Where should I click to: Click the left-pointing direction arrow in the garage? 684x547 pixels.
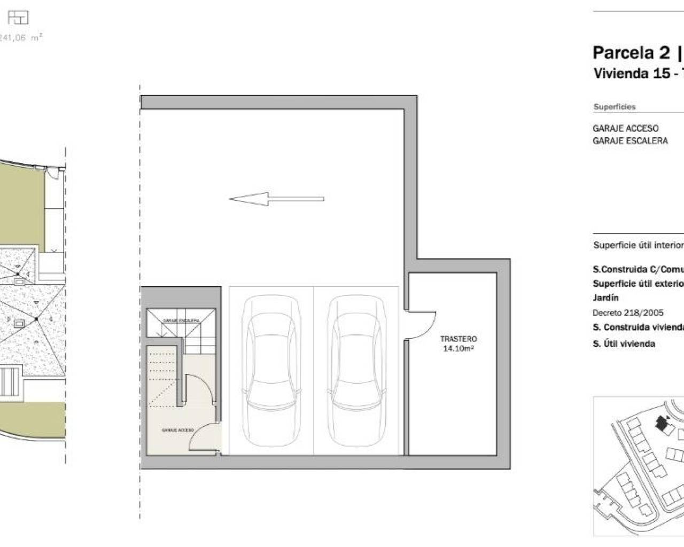(276, 199)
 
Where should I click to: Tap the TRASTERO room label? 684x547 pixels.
(458, 339)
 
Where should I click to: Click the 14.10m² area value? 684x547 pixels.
(458, 349)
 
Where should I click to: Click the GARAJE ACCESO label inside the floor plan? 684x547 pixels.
(177, 429)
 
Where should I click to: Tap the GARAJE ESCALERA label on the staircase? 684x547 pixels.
(181, 321)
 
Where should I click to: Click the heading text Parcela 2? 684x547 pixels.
(631, 53)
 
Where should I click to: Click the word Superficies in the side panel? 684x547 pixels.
(615, 107)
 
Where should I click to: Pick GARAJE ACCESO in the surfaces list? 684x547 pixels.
(625, 128)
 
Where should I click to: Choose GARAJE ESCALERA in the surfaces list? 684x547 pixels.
(630, 140)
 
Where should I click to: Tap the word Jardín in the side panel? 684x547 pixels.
(605, 298)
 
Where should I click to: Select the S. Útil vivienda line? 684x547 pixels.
(624, 343)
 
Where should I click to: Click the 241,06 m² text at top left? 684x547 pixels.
(21, 37)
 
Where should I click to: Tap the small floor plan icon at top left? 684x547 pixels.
(18, 18)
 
